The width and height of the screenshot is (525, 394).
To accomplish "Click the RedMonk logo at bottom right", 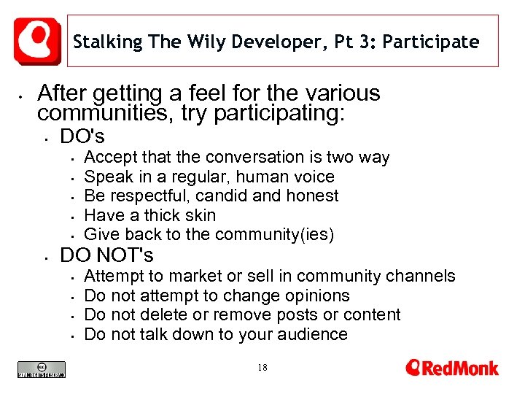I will pos(452,367).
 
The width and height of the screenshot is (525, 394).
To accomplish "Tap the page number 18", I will pos(262,368).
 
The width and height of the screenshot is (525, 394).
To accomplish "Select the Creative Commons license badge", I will pos(42,370).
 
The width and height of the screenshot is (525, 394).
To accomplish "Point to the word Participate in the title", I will pos(431,42).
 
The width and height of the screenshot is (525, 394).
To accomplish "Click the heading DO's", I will pos(82,136).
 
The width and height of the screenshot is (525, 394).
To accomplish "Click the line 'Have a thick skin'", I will pos(150,215).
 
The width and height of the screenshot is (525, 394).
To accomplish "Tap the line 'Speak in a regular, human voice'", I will pos(209,177).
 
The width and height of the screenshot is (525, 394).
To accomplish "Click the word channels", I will pos(430,276).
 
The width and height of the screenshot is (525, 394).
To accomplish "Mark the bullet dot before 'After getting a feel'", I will pos(23,95).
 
